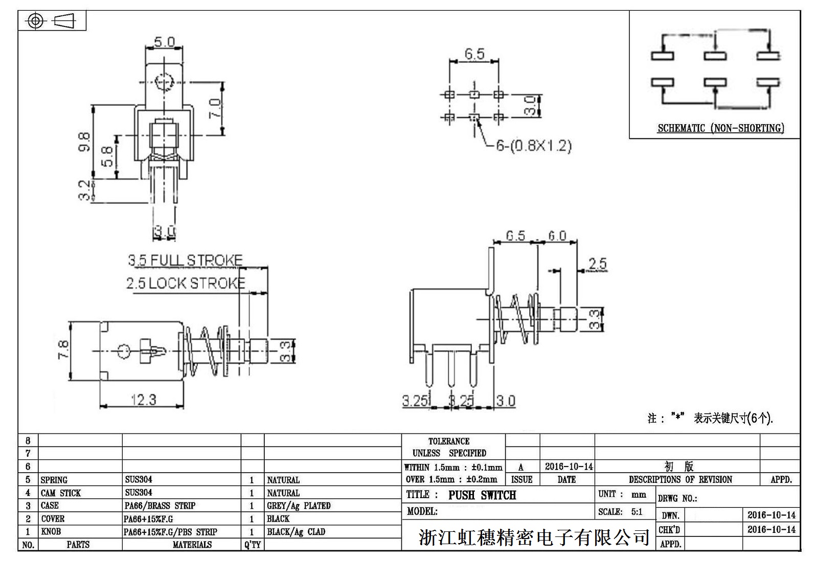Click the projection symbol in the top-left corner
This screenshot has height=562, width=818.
pyautogui.click(x=52, y=21)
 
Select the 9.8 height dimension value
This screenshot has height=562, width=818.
pyautogui.click(x=85, y=142)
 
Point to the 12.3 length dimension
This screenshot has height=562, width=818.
pyautogui.click(x=143, y=400)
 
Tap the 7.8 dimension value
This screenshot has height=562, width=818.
pyautogui.click(x=63, y=350)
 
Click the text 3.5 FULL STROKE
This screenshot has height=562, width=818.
pyautogui.click(x=185, y=260)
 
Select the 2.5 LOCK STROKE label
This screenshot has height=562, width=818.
pyautogui.click(x=186, y=283)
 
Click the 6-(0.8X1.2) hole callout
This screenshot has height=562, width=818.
pyautogui.click(x=533, y=146)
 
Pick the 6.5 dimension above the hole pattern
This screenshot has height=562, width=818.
pyautogui.click(x=474, y=54)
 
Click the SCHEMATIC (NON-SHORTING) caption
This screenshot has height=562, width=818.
pyautogui.click(x=720, y=128)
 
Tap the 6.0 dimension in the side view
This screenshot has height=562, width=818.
pyautogui.click(x=557, y=236)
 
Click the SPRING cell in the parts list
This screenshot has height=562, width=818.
pyautogui.click(x=54, y=480)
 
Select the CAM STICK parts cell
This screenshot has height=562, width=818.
pyautogui.click(x=61, y=493)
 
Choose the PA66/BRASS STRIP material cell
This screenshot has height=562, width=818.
pyautogui.click(x=160, y=506)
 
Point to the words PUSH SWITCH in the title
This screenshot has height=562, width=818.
pyautogui.click(x=482, y=495)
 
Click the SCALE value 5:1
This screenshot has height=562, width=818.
pyautogui.click(x=637, y=512)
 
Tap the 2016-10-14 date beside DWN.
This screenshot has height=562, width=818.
pyautogui.click(x=771, y=515)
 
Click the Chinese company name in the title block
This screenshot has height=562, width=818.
pyautogui.click(x=534, y=537)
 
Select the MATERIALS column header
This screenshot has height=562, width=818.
pyautogui.click(x=192, y=545)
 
